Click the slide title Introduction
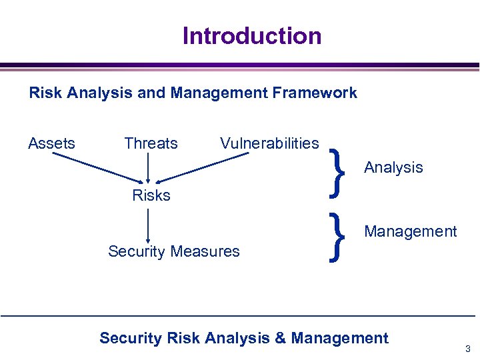pos(252,35)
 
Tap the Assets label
pos(51,143)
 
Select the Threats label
pos(151,143)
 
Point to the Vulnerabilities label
pos(269,143)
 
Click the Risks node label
pos(151,195)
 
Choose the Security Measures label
pos(173,251)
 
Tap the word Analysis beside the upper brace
pos(393,167)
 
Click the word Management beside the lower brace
pos(410,231)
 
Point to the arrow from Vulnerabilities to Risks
pos(203,167)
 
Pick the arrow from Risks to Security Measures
pos(147,225)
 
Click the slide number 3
pos(468,349)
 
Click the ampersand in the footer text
pos(279,338)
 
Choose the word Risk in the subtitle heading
pos(45,93)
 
